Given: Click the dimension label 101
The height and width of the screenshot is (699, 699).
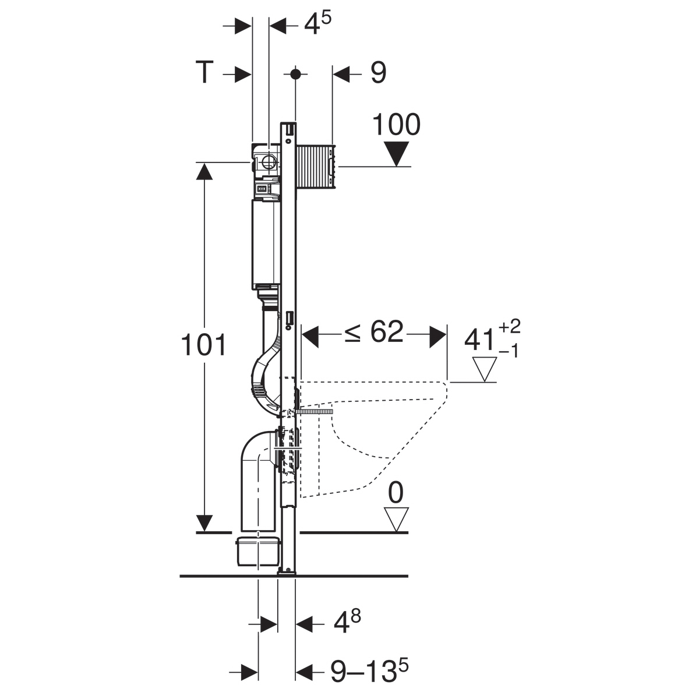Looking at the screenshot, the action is (x=203, y=345).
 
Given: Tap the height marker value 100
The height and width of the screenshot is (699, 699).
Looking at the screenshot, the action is (x=397, y=125).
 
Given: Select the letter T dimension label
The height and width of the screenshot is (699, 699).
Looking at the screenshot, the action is (x=204, y=73).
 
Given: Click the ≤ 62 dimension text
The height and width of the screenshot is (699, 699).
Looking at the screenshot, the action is (x=373, y=331).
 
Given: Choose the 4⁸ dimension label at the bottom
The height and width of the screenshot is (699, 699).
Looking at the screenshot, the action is (x=347, y=623).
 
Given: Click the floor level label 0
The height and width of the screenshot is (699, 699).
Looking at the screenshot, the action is (x=396, y=493).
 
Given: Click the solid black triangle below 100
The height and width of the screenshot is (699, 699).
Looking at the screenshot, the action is (x=397, y=154).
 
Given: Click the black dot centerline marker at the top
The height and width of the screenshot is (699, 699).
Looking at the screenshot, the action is (x=296, y=74).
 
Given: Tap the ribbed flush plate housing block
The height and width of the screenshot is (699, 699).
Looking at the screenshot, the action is (x=316, y=167).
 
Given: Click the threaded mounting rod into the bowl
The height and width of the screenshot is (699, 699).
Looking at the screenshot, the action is (x=315, y=411).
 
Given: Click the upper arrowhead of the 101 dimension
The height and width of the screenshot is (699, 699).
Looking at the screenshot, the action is (x=204, y=171).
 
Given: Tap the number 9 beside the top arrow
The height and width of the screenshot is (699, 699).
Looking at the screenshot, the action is (x=379, y=73).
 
